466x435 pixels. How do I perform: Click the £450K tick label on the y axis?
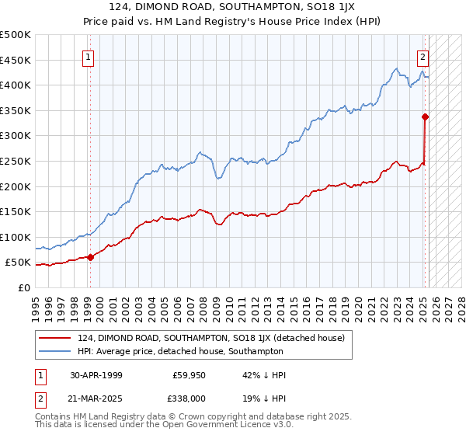(16, 60)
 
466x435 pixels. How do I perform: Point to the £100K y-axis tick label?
(16, 237)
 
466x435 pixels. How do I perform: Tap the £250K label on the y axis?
(16, 161)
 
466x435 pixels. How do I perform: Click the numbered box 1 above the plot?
(89, 57)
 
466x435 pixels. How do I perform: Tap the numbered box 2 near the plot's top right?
(423, 57)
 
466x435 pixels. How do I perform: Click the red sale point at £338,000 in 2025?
(426, 117)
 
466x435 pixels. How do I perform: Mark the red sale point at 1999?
(91, 257)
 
